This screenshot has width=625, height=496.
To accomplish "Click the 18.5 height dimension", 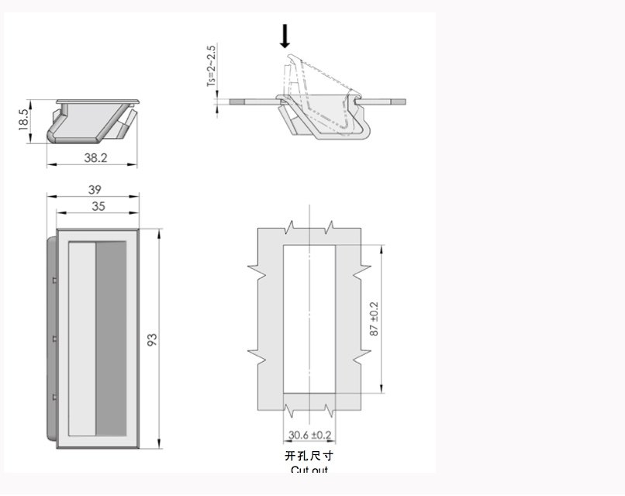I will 23,120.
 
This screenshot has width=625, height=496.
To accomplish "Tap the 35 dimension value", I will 98,206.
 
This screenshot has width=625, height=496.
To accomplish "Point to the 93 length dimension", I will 153,339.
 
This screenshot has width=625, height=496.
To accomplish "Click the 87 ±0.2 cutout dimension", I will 375,319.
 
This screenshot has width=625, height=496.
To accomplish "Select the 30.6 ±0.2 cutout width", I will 309,435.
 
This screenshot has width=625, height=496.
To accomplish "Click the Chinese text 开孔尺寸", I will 309,456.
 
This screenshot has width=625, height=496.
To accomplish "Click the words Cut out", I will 309,470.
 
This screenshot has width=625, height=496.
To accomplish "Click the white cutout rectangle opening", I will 309,319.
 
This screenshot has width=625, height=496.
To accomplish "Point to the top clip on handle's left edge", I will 55,278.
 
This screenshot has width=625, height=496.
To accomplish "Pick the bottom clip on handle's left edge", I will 55,398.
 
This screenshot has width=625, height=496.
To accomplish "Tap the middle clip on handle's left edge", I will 55,339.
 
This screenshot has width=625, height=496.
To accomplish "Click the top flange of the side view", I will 98,101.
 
